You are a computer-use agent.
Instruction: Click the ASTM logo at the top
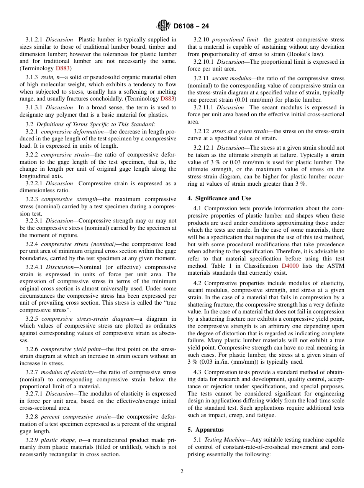coord(164,26)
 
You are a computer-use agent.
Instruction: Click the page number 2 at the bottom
coord(182,471)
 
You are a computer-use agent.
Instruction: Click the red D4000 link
coord(290,266)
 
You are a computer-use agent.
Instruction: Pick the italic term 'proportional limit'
coord(233,40)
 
